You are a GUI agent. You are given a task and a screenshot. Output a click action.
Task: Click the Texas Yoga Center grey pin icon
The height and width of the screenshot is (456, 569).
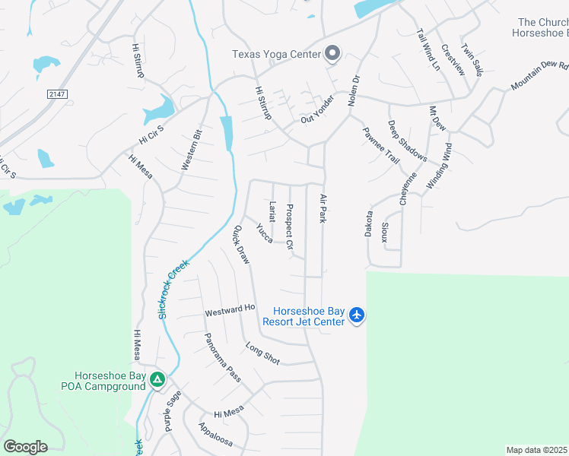(x=332, y=53)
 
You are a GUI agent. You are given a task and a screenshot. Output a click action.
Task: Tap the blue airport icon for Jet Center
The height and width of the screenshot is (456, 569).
(x=358, y=315)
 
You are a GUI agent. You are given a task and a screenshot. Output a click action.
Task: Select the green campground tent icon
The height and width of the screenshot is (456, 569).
(x=157, y=378)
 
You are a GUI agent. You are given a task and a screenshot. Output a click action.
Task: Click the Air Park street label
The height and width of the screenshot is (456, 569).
(x=323, y=208)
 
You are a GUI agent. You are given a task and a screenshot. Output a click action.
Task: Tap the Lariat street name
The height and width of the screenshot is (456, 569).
(x=272, y=211)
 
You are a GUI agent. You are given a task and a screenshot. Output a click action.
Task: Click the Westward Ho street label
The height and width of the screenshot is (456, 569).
(x=230, y=310)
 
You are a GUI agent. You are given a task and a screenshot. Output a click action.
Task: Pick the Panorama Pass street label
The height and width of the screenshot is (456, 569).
(x=222, y=357)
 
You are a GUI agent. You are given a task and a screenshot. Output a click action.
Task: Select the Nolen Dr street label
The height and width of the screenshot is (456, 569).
(x=353, y=89)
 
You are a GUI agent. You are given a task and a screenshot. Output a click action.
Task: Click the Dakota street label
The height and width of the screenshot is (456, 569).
(x=368, y=223)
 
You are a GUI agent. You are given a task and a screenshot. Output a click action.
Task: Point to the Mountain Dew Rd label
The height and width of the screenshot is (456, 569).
(x=540, y=75)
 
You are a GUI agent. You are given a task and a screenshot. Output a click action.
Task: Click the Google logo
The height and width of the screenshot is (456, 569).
(x=25, y=446)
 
